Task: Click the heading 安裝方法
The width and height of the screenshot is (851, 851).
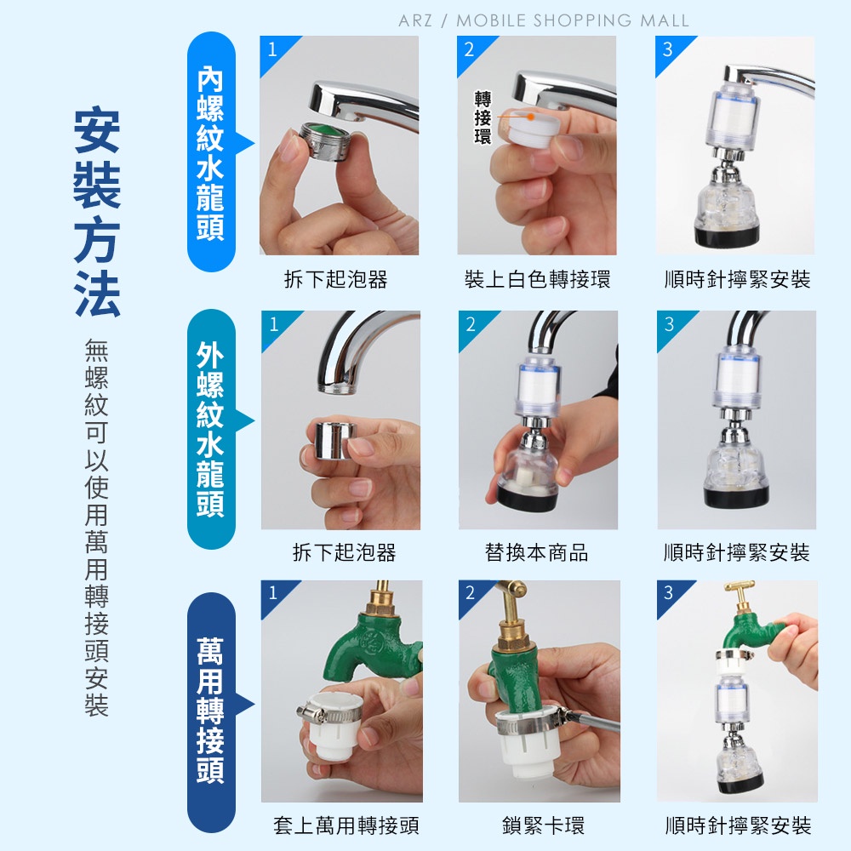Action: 97,212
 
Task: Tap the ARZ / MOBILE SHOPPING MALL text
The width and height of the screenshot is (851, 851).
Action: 544,20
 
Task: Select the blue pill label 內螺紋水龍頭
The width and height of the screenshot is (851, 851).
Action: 211,152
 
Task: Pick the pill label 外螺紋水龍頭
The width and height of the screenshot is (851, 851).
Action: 211,429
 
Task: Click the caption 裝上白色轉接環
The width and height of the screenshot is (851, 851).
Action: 537,279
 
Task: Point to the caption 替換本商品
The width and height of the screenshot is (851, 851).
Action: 537,552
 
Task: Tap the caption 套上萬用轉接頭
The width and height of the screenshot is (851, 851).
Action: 346,825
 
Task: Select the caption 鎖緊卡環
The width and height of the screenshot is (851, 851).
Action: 543,825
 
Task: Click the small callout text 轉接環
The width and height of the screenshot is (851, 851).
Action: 483,117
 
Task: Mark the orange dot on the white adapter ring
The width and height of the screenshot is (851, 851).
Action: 531,117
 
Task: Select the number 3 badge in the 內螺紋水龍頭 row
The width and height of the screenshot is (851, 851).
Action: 668,49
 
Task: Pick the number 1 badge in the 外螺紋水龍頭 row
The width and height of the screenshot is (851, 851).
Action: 274,324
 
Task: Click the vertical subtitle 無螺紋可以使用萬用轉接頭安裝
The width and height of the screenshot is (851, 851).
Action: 97,527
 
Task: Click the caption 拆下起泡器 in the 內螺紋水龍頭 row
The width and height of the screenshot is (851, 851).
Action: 336,279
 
